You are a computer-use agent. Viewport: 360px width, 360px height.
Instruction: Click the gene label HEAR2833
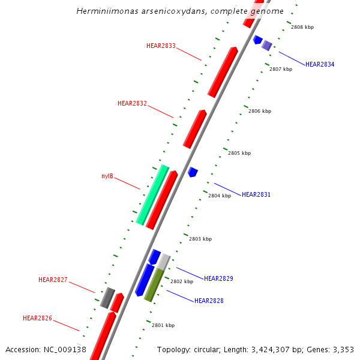point(161,46)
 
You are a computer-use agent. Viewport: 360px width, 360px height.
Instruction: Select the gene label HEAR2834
point(320,64)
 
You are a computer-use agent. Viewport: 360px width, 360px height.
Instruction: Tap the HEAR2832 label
point(132,103)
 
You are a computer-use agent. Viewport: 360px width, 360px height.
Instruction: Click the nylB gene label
point(107,176)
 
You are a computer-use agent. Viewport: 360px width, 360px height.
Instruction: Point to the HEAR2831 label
point(256,194)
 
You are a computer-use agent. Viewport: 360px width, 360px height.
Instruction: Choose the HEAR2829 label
point(218,278)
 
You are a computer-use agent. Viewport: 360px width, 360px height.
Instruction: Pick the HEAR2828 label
point(209,300)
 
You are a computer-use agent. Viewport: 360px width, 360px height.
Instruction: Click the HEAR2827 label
point(53,280)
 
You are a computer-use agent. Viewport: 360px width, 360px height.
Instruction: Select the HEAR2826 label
point(37,317)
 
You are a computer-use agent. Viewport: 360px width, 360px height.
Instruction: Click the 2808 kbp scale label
point(302,27)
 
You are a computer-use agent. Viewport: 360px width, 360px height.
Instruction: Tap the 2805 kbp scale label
point(239,153)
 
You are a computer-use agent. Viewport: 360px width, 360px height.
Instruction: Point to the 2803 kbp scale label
point(200,239)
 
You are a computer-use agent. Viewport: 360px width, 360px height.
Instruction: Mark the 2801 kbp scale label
point(163,325)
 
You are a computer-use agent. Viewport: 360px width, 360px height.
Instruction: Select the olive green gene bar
point(154,285)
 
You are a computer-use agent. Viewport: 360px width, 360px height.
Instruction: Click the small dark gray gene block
point(107,298)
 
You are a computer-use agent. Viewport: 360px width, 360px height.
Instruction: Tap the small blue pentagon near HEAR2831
point(193,172)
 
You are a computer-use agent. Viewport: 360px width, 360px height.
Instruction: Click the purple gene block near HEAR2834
point(267,45)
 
